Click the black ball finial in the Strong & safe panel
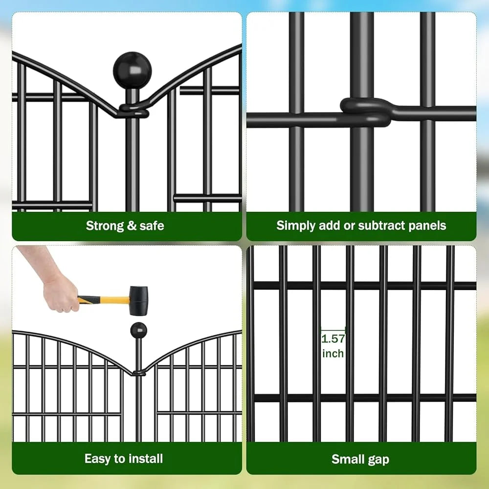(132, 70)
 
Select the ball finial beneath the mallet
(138, 330)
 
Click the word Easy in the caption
(97, 459)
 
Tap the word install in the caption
(146, 459)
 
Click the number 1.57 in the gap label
(333, 338)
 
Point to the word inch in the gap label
(333, 353)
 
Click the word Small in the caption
(348, 459)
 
